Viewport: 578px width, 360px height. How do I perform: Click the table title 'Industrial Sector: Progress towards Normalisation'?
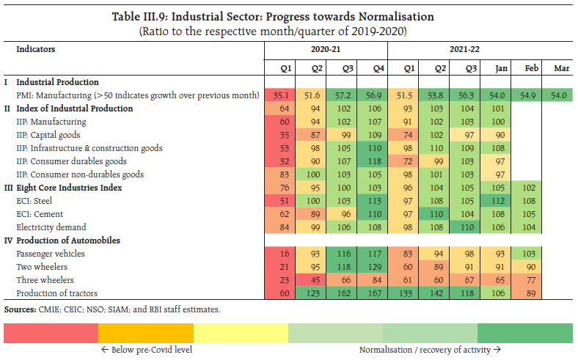(288, 16)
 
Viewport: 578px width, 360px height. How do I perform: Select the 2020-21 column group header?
(326, 50)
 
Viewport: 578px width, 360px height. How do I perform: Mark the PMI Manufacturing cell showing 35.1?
(279, 95)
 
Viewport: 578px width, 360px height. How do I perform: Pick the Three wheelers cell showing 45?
(310, 279)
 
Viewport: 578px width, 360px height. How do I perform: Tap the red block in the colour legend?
(51, 334)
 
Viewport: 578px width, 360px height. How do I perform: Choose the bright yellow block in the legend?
(241, 334)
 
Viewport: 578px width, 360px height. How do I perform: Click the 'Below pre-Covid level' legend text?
(147, 350)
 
